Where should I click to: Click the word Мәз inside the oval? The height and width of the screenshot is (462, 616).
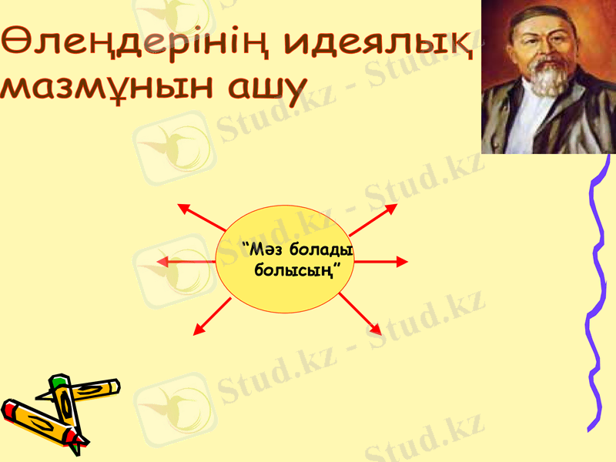(259, 251)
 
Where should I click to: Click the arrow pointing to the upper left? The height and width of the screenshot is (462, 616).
(202, 218)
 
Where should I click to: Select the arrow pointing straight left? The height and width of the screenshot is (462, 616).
(185, 262)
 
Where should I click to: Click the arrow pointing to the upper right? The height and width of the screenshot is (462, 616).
(373, 219)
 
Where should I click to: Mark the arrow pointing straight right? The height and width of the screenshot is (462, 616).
(381, 262)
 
